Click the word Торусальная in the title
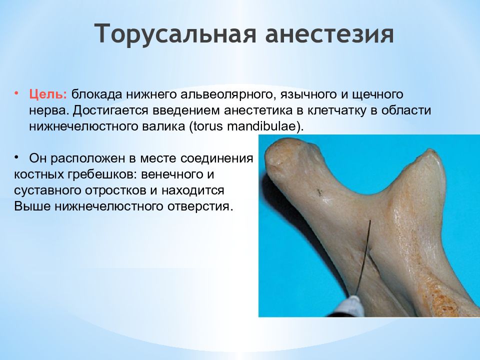(175, 33)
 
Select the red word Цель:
(48, 94)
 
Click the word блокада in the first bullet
(97, 94)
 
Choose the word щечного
(378, 95)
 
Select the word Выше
(32, 206)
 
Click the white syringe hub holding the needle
(350, 306)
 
